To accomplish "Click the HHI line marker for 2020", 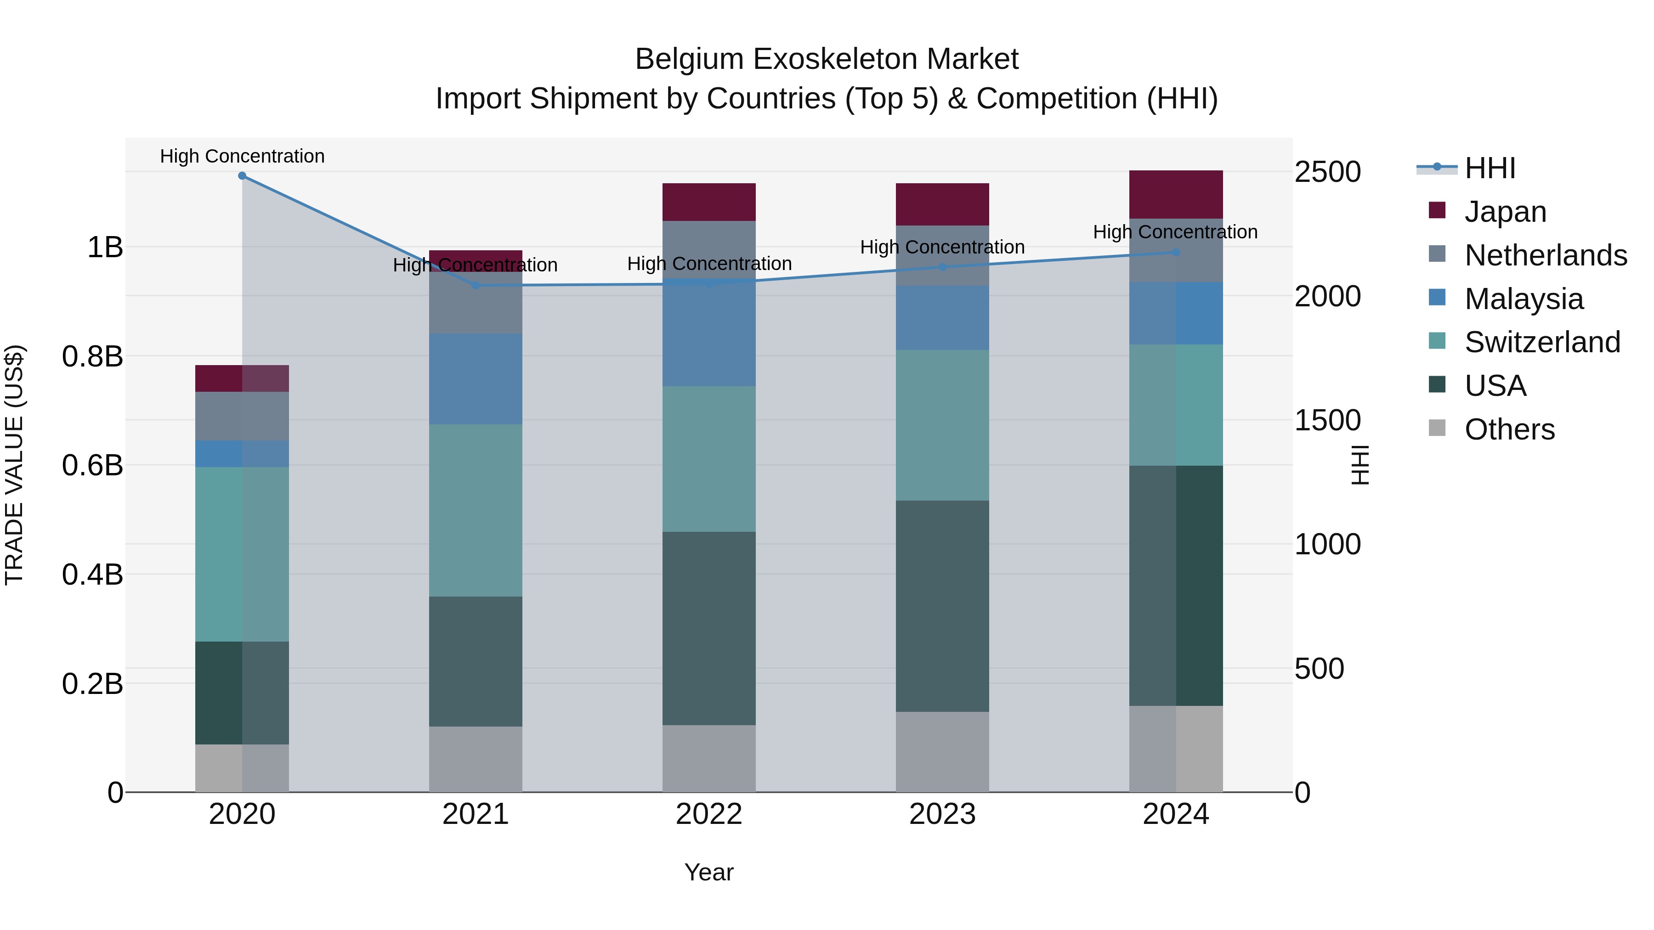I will (242, 176).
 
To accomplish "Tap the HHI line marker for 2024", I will (1176, 252).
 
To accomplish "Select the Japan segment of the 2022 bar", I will (709, 202).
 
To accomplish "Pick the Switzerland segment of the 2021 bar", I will (475, 510).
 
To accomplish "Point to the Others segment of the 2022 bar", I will (709, 759).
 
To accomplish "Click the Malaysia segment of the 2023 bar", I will (942, 318).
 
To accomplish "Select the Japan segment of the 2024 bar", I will (1176, 194).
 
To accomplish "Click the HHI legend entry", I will (1490, 168).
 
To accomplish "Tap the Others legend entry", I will (1509, 429).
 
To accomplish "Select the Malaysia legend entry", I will (1523, 299).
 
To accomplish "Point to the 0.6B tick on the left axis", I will (92, 465).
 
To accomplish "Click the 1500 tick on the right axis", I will (1327, 420).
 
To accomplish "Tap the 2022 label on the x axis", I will (709, 814).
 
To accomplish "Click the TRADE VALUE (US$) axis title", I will (14, 465).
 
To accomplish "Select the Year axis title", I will (709, 872).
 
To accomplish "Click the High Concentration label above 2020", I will (242, 156).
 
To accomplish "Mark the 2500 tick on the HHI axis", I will (1327, 172).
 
